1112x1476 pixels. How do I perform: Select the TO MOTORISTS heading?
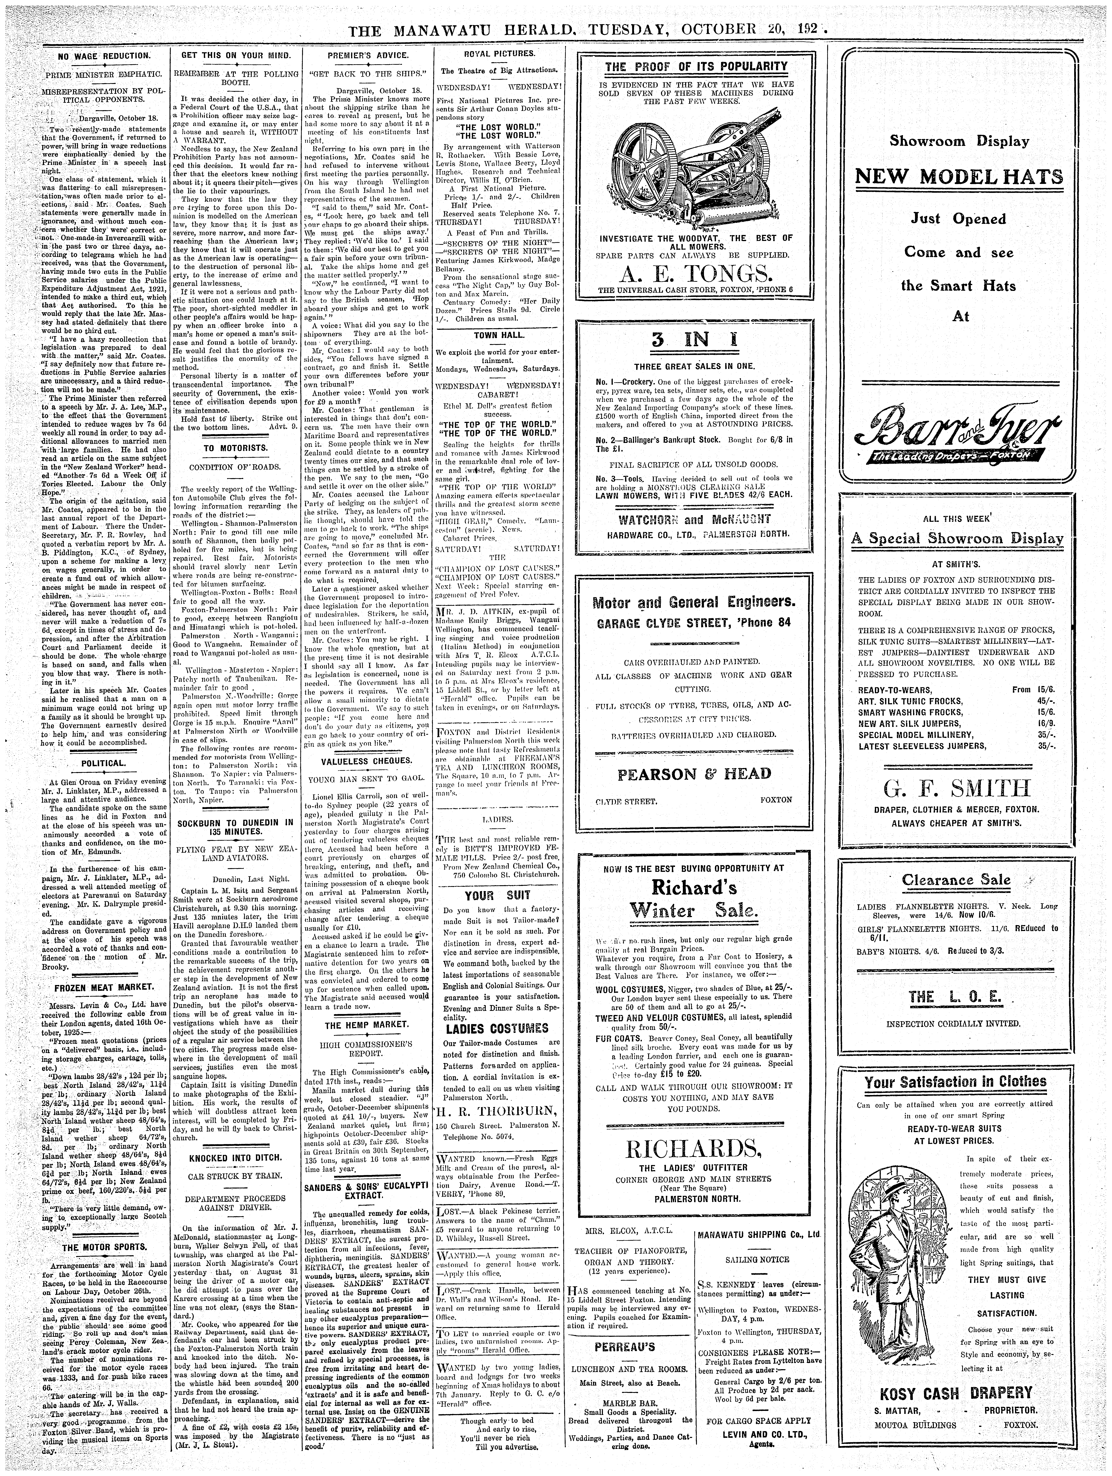click(x=234, y=446)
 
